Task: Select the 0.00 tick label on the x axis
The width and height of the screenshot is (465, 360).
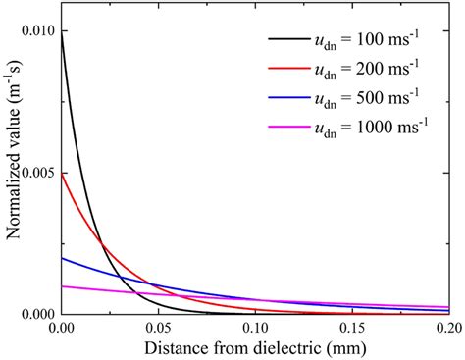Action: (x=62, y=328)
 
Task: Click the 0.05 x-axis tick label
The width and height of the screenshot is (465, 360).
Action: (x=157, y=328)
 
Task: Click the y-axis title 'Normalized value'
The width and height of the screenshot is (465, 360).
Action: (x=13, y=172)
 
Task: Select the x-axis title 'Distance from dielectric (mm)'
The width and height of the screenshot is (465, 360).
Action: (x=253, y=348)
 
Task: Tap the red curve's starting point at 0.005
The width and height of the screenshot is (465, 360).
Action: (x=62, y=175)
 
